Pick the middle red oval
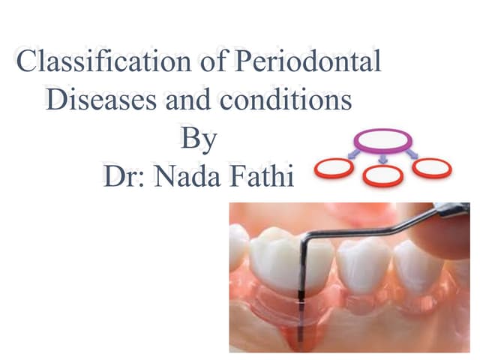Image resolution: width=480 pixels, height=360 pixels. (383, 175)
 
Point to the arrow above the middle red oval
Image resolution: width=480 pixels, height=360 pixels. (382, 158)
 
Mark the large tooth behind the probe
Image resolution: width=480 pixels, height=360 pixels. (292, 262)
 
